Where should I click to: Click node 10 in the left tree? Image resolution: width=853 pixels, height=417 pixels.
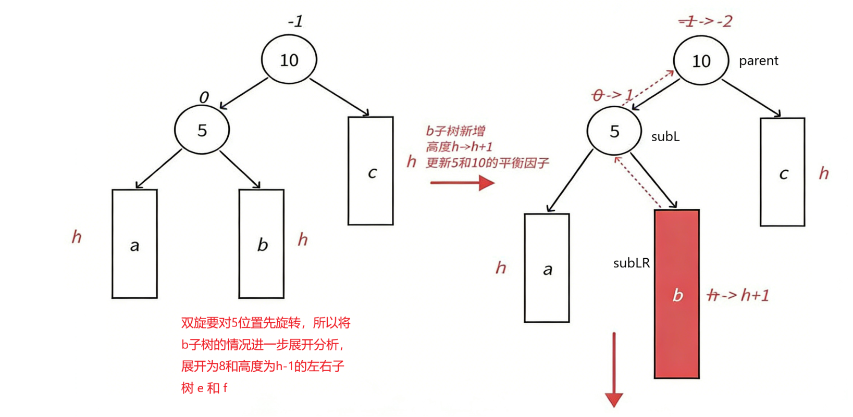tap(289, 60)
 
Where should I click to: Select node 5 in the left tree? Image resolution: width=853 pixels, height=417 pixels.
tap(202, 130)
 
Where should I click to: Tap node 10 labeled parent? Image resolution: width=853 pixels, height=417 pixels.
tap(700, 61)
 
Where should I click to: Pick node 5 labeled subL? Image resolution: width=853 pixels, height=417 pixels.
tap(614, 131)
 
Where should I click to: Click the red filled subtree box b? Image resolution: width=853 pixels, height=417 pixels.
tap(676, 294)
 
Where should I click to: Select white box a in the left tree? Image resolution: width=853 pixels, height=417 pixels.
tap(134, 244)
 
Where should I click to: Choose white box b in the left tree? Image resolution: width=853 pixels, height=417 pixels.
tap(261, 244)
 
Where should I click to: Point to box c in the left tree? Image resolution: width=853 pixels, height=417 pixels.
tap(370, 171)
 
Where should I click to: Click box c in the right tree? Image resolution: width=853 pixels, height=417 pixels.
tap(782, 172)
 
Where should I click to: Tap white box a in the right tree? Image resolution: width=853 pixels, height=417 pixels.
tap(547, 268)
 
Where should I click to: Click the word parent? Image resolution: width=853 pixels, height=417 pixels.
tap(758, 61)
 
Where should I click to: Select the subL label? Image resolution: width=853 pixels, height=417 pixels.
tap(665, 137)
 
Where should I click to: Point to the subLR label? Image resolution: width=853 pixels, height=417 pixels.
tap(631, 263)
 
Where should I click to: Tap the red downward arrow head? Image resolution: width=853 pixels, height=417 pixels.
tap(614, 400)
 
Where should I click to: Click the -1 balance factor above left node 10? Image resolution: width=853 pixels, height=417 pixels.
tap(295, 22)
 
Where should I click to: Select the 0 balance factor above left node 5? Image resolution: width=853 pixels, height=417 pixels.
tap(204, 97)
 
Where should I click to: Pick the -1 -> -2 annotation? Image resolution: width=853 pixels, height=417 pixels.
tap(705, 21)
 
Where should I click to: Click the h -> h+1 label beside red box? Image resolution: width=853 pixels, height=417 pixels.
tap(738, 296)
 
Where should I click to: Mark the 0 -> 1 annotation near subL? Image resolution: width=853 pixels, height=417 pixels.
tap(612, 95)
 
